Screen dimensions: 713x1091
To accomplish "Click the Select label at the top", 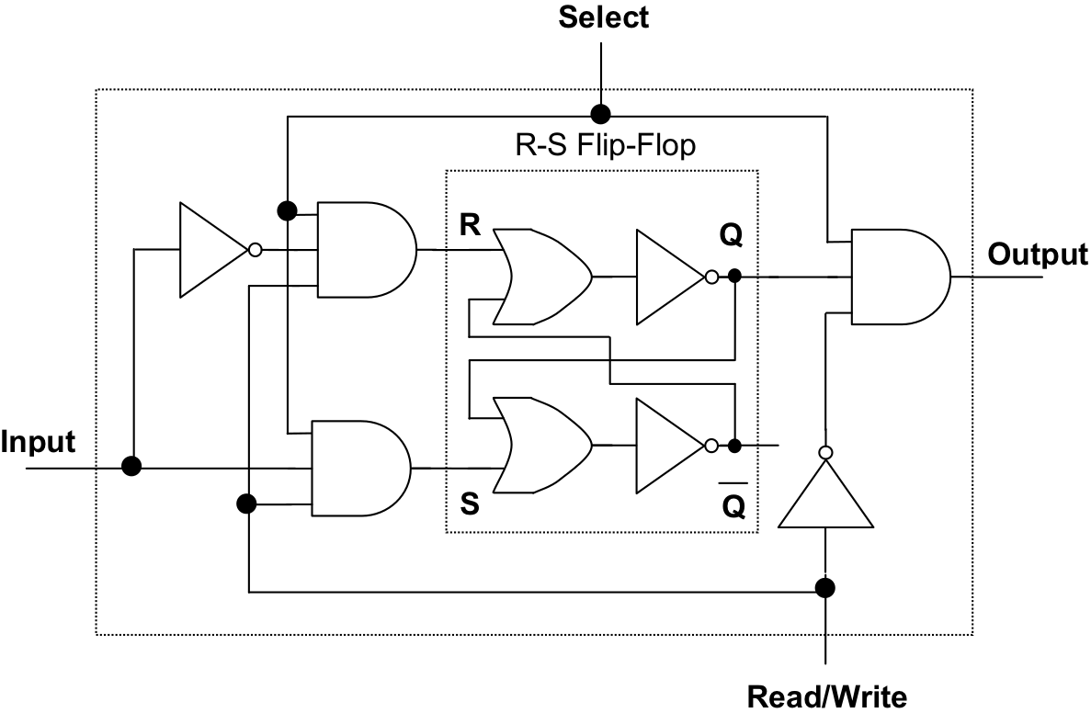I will tap(603, 17).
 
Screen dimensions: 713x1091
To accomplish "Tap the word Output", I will tap(1038, 254).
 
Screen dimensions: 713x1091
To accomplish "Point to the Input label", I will tap(38, 442).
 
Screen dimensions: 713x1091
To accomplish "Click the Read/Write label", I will tap(826, 696).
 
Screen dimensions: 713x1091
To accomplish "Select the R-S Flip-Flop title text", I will tap(603, 146).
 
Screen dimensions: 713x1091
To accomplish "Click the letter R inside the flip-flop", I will tap(470, 226).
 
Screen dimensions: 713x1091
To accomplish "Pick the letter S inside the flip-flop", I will tap(469, 504).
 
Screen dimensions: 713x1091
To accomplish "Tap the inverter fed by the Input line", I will tap(212, 250).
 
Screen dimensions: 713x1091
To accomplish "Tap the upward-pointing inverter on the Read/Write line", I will tap(825, 495).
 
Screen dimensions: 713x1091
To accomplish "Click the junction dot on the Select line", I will tap(600, 114).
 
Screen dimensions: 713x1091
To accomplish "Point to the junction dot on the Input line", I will tap(132, 467).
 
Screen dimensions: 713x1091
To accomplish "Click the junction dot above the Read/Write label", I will tap(825, 587).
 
